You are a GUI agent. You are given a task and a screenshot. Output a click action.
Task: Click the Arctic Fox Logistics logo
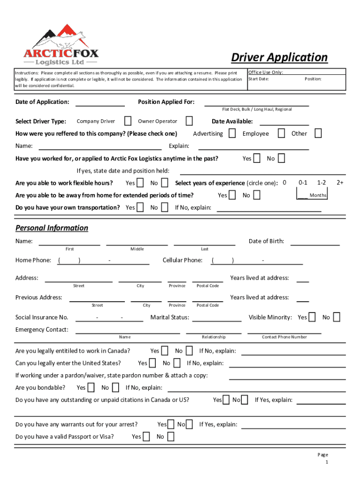click(62, 45)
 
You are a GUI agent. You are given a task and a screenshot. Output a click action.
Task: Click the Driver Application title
click(279, 58)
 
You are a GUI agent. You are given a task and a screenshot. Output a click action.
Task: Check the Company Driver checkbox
click(128, 121)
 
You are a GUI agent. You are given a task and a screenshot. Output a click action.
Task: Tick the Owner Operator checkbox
click(189, 121)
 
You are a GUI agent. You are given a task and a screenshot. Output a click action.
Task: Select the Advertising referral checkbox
click(232, 133)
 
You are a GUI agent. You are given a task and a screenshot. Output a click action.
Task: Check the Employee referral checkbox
click(281, 133)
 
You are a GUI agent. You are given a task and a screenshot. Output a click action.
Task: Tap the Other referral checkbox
click(318, 133)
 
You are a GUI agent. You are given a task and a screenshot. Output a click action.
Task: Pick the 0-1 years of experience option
click(303, 182)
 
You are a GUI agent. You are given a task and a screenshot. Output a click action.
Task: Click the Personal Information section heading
click(51, 228)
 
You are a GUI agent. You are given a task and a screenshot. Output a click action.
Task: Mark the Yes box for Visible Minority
click(312, 317)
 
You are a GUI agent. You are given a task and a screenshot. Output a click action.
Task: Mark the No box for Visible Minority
click(336, 317)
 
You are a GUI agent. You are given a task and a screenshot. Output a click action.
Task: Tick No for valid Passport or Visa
click(170, 436)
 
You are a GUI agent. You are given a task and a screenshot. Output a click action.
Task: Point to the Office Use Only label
click(266, 72)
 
